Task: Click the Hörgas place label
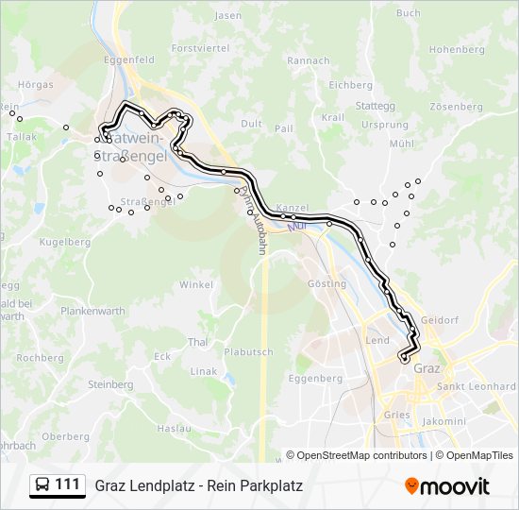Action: [36, 84]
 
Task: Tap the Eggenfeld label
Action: [129, 59]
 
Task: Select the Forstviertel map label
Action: [200, 47]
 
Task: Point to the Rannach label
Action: [309, 60]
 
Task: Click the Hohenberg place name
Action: [456, 49]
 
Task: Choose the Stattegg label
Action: [376, 106]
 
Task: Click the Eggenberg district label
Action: [315, 378]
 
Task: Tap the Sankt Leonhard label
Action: [477, 386]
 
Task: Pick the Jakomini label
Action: [444, 421]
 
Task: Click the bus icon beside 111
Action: [42, 485]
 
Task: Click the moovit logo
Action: [447, 486]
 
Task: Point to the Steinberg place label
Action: [109, 384]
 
